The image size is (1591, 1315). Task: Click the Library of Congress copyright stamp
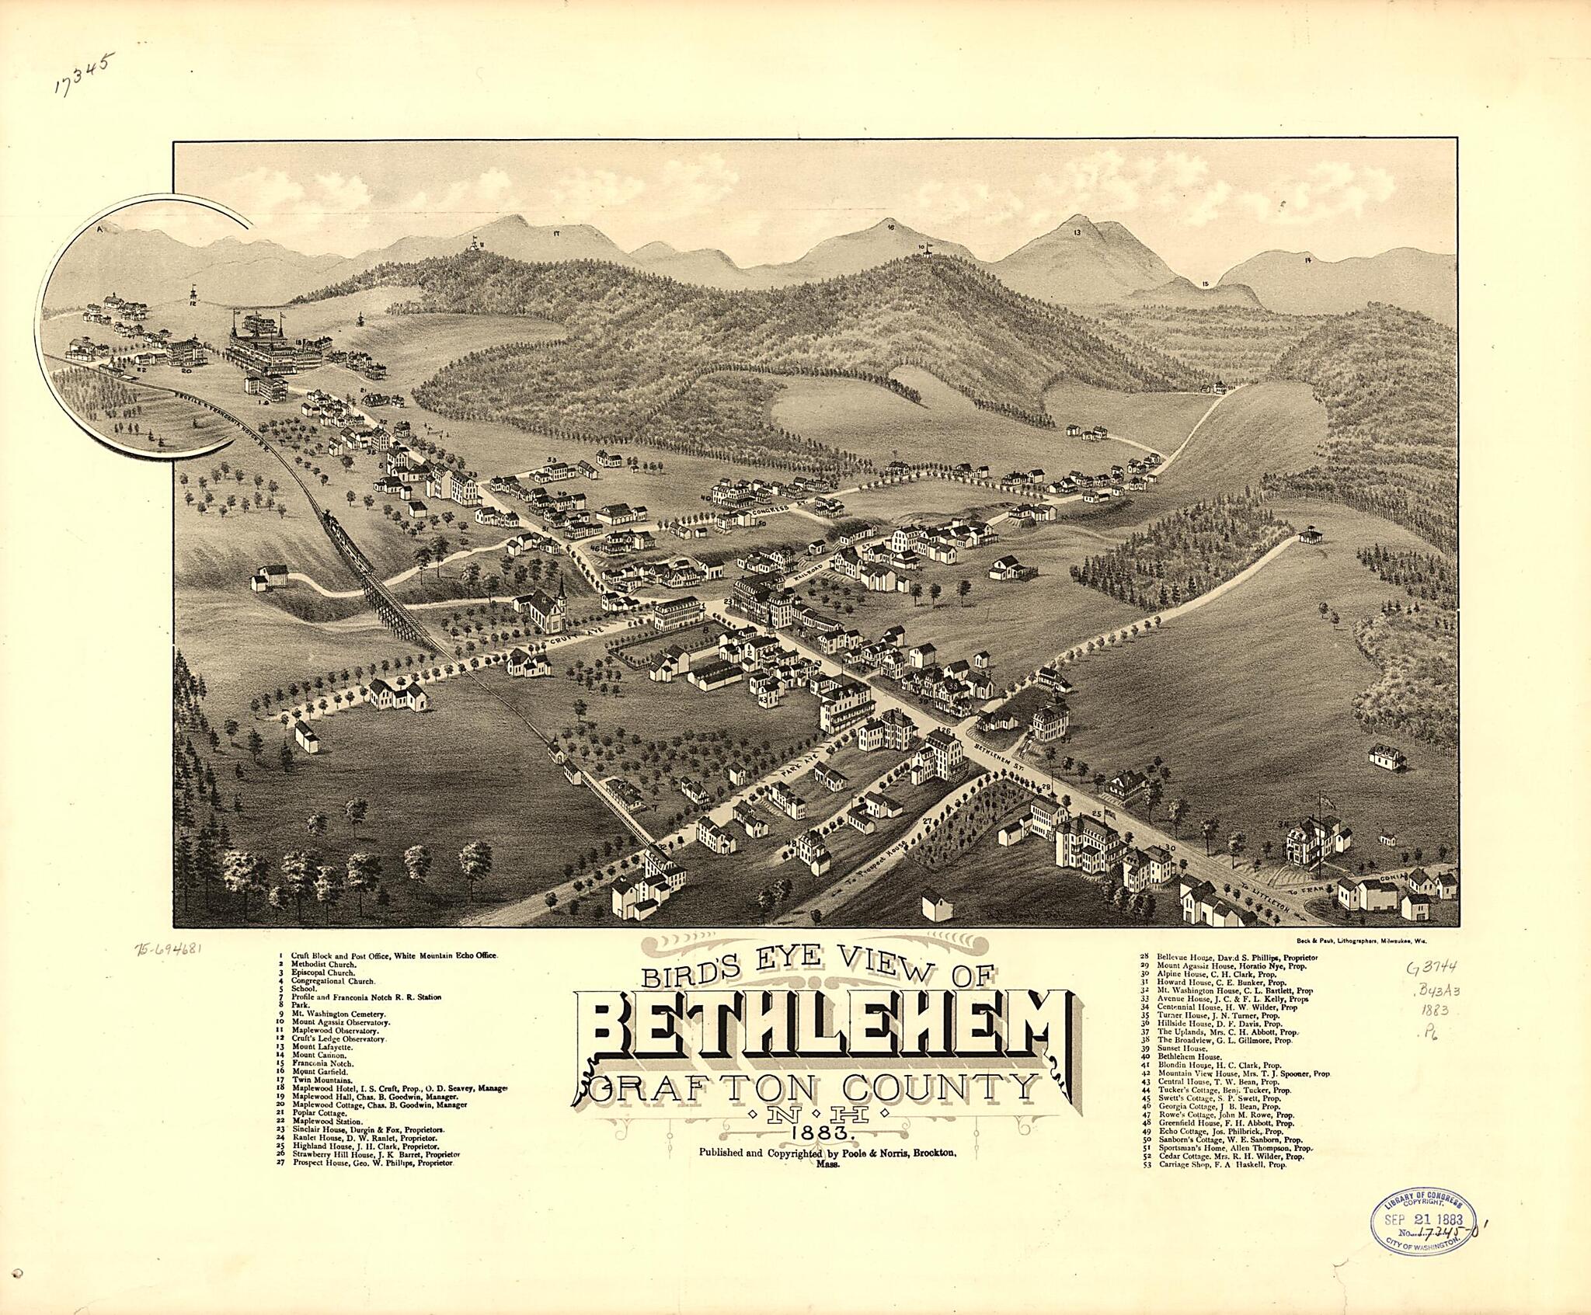click(x=1421, y=1221)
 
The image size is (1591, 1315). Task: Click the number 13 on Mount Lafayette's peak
click(x=1077, y=233)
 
